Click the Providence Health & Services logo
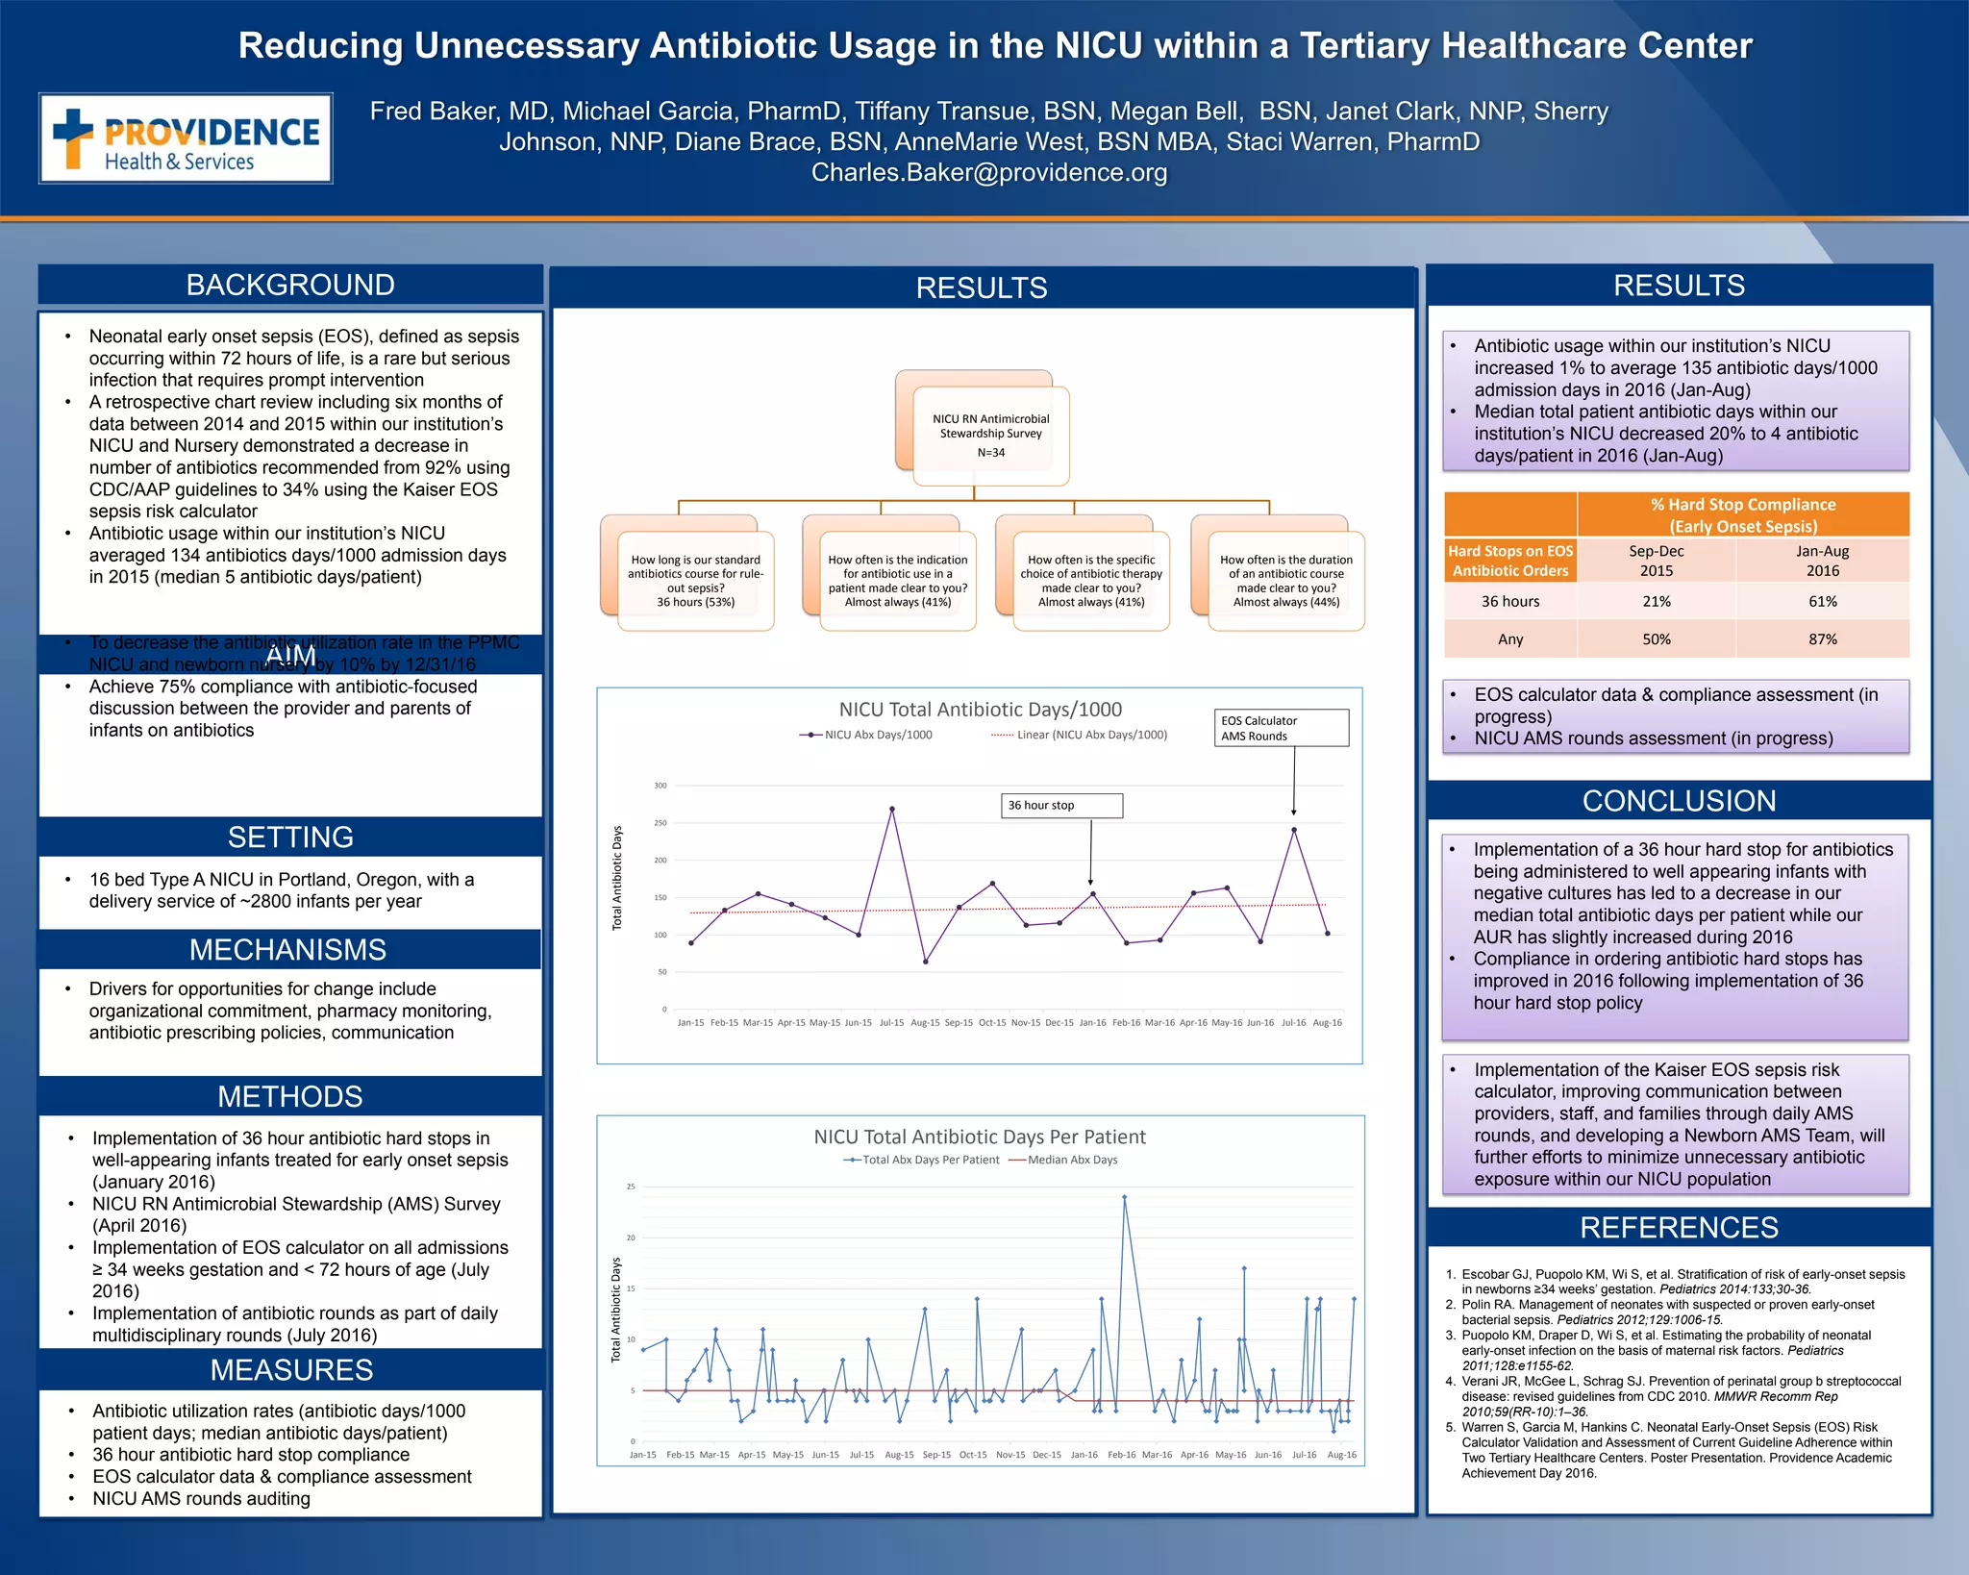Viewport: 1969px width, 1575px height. (186, 138)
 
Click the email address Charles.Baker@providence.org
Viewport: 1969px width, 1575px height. (989, 173)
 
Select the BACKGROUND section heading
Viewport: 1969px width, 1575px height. (290, 286)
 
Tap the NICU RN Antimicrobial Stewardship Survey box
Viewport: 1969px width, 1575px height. (990, 436)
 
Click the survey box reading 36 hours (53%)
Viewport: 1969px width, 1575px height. (695, 581)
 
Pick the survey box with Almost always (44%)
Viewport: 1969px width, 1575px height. (1285, 581)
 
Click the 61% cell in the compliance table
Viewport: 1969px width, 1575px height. (1822, 602)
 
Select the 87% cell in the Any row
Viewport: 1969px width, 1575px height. (1822, 639)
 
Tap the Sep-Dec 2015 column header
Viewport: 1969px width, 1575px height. (1656, 561)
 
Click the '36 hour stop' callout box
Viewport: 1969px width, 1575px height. (1061, 806)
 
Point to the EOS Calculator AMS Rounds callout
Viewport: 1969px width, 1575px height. (1281, 728)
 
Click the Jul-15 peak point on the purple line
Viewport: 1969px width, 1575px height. (892, 810)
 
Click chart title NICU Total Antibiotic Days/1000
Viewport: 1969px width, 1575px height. (980, 710)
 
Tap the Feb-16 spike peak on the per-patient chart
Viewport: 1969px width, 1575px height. (1124, 1198)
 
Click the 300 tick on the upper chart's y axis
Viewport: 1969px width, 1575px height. (660, 786)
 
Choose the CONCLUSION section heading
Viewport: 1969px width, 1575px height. (1679, 801)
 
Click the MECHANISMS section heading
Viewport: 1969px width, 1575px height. (288, 950)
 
